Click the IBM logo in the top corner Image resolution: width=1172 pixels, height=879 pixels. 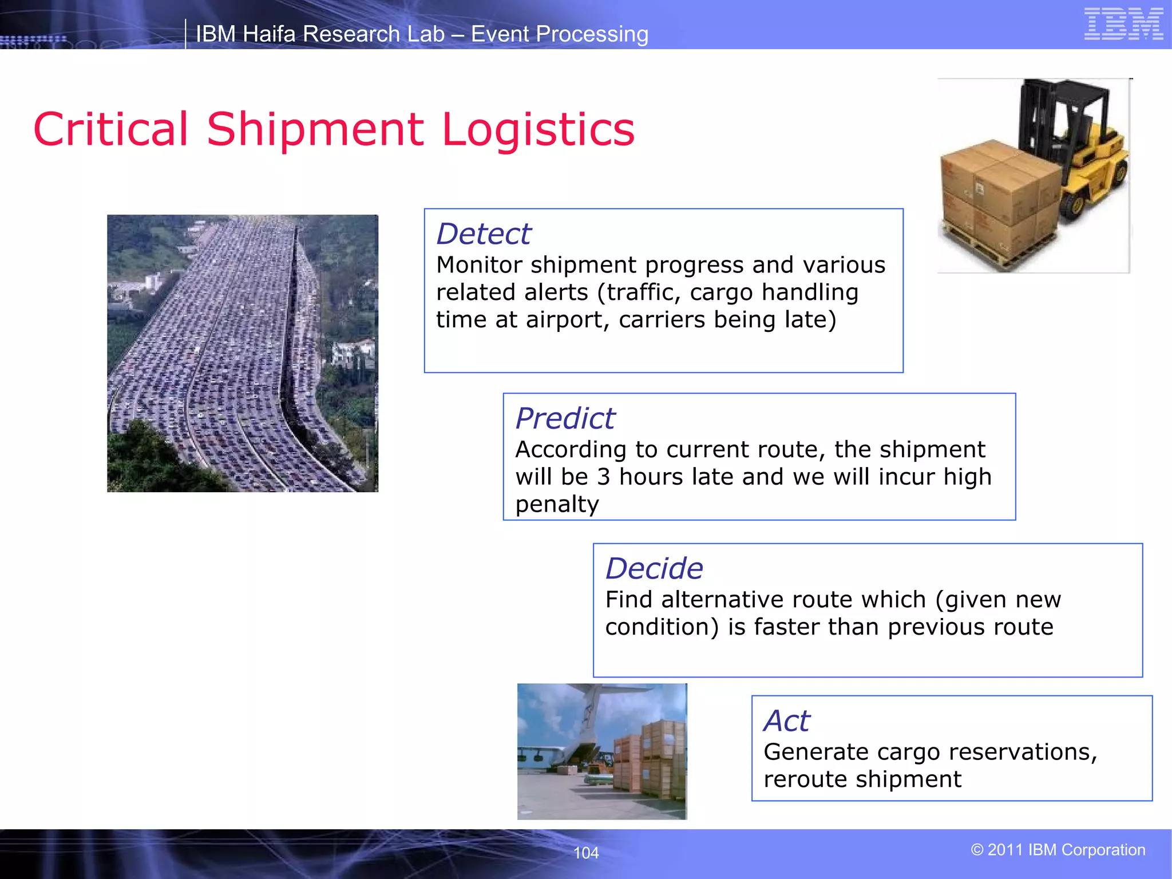click(x=1123, y=24)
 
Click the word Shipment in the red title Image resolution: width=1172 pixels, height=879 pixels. click(x=315, y=129)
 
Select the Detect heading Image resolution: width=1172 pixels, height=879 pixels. click(x=484, y=234)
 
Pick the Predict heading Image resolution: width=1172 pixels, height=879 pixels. click(x=565, y=418)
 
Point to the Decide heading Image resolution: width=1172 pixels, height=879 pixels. click(x=654, y=569)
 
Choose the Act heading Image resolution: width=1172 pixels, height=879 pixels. click(x=787, y=720)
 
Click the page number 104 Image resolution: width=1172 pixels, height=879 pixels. click(x=586, y=853)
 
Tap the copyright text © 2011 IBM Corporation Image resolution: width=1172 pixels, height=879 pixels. click(x=1058, y=850)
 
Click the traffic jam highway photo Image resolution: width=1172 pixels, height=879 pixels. click(x=243, y=353)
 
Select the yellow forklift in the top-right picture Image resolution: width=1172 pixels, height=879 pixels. click(x=1076, y=149)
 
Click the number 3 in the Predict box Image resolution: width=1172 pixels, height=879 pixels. click(x=603, y=477)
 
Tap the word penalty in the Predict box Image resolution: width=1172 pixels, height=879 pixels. click(x=557, y=504)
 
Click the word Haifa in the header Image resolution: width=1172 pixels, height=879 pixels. click(x=267, y=34)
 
